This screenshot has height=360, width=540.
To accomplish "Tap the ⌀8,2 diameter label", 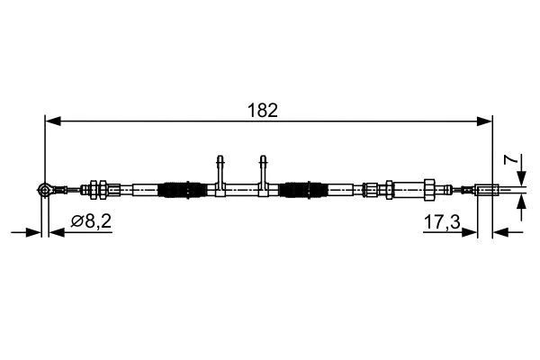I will click(91, 220).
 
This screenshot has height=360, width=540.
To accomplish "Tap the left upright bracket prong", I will click(220, 168).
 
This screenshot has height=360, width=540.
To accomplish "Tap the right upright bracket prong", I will click(264, 168).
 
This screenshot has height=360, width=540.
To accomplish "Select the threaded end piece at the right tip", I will click(486, 189).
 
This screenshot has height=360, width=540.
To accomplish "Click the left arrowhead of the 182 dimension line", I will click(51, 118).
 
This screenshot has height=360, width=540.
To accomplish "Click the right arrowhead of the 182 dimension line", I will click(486, 118).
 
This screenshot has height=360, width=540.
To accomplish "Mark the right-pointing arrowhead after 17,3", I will click(471, 232).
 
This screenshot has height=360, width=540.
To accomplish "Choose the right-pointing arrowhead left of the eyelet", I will click(36, 232).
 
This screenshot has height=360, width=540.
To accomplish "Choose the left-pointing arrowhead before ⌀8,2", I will click(56, 232).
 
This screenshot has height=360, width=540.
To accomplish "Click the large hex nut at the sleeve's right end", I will click(430, 189).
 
